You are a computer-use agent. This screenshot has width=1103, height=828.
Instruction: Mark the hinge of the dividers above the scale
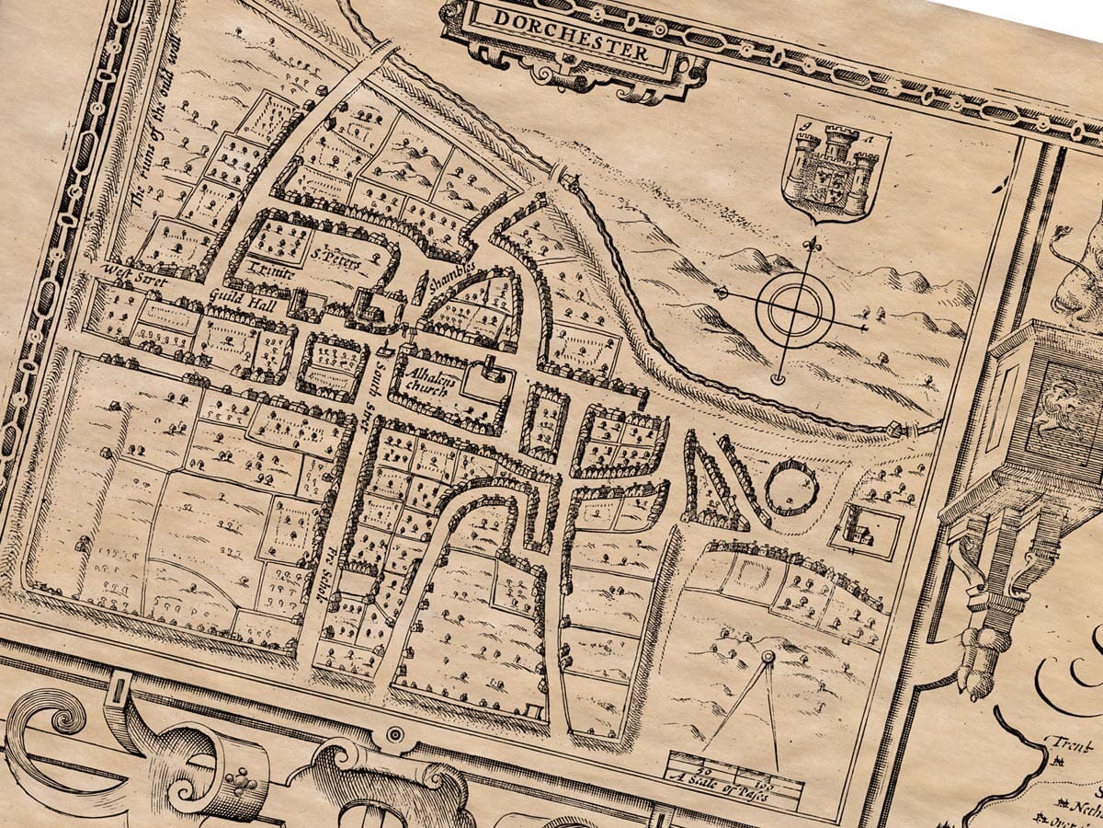(768, 656)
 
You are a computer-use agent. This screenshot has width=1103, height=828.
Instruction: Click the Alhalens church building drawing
(493, 372)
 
